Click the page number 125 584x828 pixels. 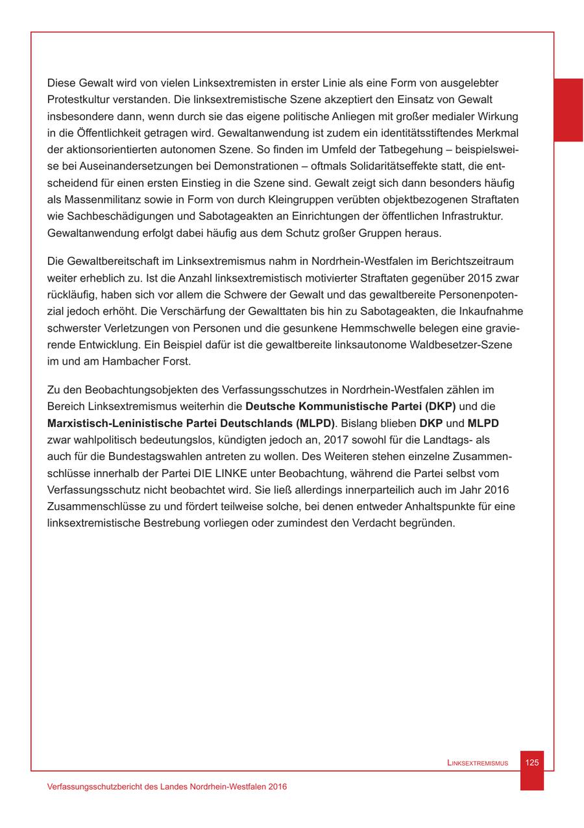tap(531, 762)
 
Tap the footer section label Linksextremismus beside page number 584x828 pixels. tap(478, 763)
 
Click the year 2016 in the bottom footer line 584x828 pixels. tap(276, 786)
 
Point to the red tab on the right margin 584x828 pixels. tap(568, 110)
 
